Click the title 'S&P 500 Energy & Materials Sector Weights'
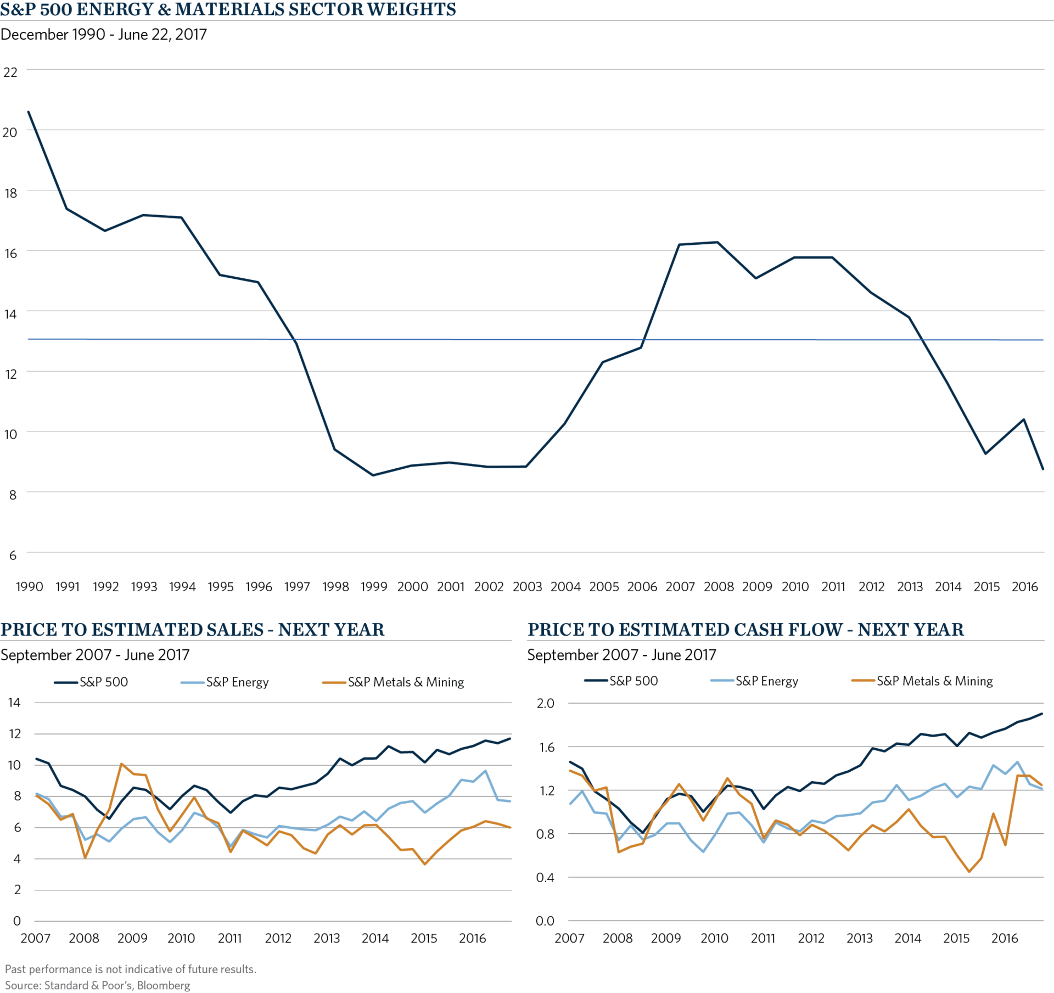tap(228, 10)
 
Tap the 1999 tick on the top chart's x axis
tap(374, 587)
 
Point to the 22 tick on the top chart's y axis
tap(10, 72)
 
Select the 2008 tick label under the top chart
tap(719, 587)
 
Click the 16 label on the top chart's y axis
tap(10, 253)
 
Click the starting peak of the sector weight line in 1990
tap(29, 111)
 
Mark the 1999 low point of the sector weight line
tap(374, 475)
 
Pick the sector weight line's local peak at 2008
tap(717, 242)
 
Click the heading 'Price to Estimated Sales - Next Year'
tap(192, 630)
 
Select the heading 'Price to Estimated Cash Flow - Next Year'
tap(745, 630)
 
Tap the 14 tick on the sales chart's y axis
tap(14, 702)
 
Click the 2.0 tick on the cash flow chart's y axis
tap(545, 703)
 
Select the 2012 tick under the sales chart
tap(278, 938)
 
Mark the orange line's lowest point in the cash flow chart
tap(969, 872)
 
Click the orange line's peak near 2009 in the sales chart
tap(121, 763)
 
